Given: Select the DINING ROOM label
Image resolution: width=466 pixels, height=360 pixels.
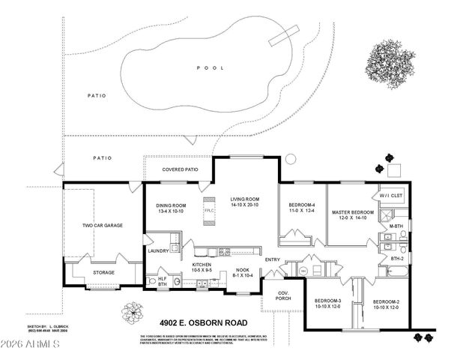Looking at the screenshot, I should pyautogui.click(x=172, y=205).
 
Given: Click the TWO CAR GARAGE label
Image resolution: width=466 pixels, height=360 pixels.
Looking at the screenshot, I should pyautogui.click(x=103, y=225).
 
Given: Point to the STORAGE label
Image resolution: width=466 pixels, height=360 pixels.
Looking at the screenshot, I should pyautogui.click(x=103, y=272).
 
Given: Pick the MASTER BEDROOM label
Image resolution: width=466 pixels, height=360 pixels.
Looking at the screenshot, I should pyautogui.click(x=353, y=213).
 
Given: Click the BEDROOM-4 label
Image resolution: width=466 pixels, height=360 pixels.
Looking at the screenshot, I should pyautogui.click(x=303, y=205).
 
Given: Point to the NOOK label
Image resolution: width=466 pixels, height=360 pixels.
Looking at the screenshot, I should pyautogui.click(x=243, y=271).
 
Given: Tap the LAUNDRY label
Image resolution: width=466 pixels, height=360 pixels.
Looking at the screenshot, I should pyautogui.click(x=158, y=250).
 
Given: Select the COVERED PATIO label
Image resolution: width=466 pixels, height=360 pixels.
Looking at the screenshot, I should pyautogui.click(x=181, y=169).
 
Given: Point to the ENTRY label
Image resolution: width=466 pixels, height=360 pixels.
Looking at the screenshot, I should pyautogui.click(x=273, y=259).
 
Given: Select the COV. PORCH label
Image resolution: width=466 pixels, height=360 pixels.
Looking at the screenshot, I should pyautogui.click(x=284, y=295).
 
